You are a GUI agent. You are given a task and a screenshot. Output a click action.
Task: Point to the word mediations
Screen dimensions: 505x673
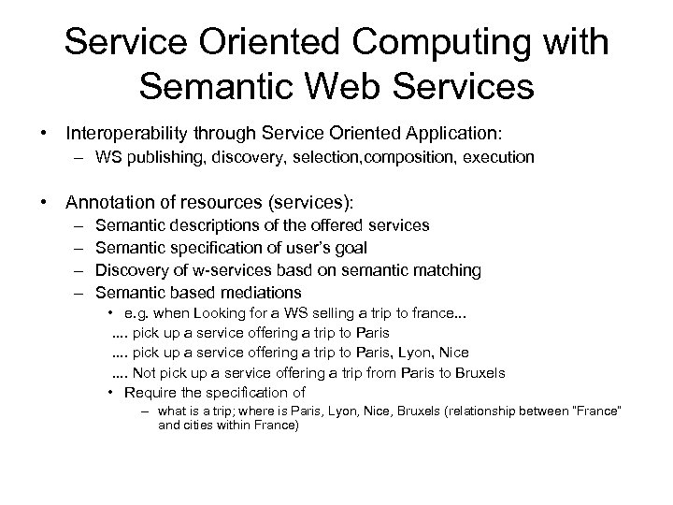click(x=263, y=293)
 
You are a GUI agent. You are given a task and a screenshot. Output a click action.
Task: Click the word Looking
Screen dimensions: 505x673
click(x=216, y=314)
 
